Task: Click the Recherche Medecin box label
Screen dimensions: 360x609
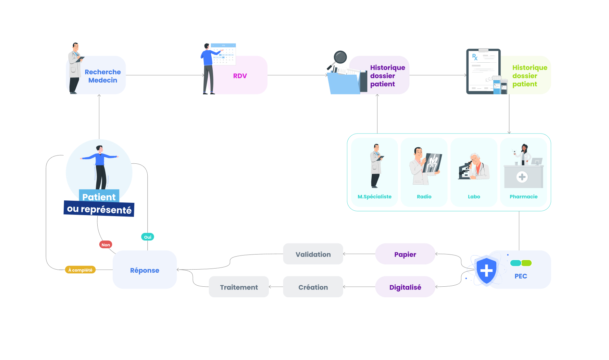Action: point(102,76)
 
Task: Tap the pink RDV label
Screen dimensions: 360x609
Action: point(240,76)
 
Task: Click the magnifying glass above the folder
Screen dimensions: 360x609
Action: point(339,58)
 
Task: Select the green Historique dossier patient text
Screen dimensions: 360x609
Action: point(529,76)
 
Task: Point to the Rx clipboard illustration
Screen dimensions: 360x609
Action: point(483,71)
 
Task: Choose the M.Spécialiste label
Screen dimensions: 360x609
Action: point(374,197)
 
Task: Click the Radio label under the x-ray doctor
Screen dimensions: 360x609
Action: point(424,197)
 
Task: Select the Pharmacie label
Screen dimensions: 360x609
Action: point(523,197)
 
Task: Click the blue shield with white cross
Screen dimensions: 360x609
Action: point(486,271)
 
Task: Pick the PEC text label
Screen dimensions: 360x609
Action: point(521,276)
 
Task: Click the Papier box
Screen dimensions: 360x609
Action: point(405,254)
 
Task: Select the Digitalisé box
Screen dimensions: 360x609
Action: point(405,287)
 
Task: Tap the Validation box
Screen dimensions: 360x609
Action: point(313,254)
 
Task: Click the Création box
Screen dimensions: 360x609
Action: point(313,287)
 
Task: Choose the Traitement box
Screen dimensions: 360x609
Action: point(239,287)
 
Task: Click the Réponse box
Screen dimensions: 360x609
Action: point(145,270)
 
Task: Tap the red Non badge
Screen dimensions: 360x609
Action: point(105,245)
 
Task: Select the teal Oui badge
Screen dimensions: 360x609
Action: point(148,237)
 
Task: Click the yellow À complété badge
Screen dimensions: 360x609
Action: point(80,270)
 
